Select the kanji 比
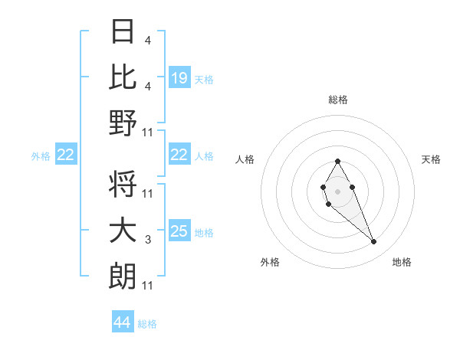(123, 77)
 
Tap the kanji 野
(123, 123)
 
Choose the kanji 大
(123, 231)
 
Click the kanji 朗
(123, 276)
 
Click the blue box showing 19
(179, 78)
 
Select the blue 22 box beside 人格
(179, 155)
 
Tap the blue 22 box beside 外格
(66, 155)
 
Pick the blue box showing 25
(179, 231)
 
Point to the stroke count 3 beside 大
(148, 241)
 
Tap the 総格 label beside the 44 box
(148, 324)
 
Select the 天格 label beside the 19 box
(204, 80)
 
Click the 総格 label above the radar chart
(338, 100)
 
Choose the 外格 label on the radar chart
(270, 262)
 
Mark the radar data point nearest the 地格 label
(374, 242)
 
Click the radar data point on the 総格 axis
(337, 161)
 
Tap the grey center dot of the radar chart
(337, 190)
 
